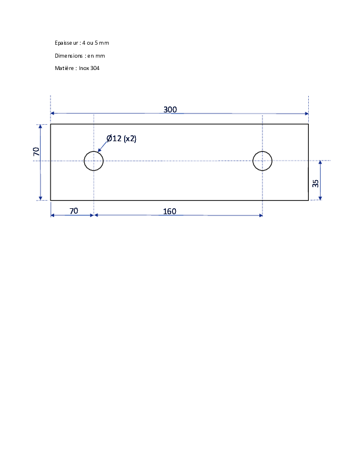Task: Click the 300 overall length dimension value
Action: click(170, 109)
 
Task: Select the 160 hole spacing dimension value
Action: click(169, 211)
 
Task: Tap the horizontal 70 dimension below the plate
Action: click(74, 211)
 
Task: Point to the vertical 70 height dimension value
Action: click(36, 152)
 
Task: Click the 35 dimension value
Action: click(315, 184)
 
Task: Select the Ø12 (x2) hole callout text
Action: click(122, 138)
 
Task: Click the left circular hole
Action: click(84, 161)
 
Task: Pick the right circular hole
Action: click(253, 161)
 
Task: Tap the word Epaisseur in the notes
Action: click(66, 43)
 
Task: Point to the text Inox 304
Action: click(89, 68)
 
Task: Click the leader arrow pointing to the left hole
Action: click(102, 147)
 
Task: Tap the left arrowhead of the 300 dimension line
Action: click(52, 113)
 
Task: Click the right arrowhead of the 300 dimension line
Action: click(306, 114)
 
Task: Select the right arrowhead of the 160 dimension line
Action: click(261, 215)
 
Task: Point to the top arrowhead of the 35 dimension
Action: click(320, 162)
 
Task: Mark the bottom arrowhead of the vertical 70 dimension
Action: click(41, 198)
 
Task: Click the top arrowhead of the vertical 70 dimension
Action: click(41, 127)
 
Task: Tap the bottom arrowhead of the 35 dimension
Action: click(320, 198)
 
